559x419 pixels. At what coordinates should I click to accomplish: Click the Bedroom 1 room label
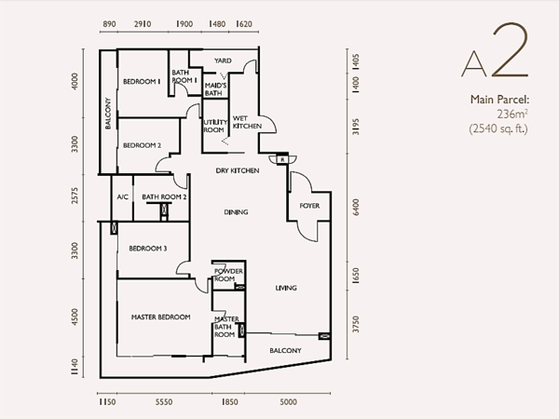142,82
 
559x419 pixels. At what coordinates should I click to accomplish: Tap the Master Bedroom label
161,318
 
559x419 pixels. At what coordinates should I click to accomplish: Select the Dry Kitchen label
238,170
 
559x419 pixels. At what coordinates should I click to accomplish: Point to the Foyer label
309,206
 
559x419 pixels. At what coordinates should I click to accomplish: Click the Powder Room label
228,275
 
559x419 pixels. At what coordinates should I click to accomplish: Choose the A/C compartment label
123,197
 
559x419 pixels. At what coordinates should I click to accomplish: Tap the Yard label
223,61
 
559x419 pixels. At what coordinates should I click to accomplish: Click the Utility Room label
215,126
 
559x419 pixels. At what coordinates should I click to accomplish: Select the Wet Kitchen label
247,122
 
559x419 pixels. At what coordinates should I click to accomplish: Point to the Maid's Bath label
215,89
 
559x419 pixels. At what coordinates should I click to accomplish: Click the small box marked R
282,159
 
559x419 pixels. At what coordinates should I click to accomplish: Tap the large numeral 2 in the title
511,50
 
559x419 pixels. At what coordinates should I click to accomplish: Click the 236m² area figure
512,114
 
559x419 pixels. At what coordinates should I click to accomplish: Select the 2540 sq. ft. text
498,128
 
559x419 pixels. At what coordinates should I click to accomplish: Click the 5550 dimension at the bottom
164,402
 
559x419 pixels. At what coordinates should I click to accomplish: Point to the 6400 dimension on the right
356,207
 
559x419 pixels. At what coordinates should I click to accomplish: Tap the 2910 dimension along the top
143,24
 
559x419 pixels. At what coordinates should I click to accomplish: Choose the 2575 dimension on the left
75,196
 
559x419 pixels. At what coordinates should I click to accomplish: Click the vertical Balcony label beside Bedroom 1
108,114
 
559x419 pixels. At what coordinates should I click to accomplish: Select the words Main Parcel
499,99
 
